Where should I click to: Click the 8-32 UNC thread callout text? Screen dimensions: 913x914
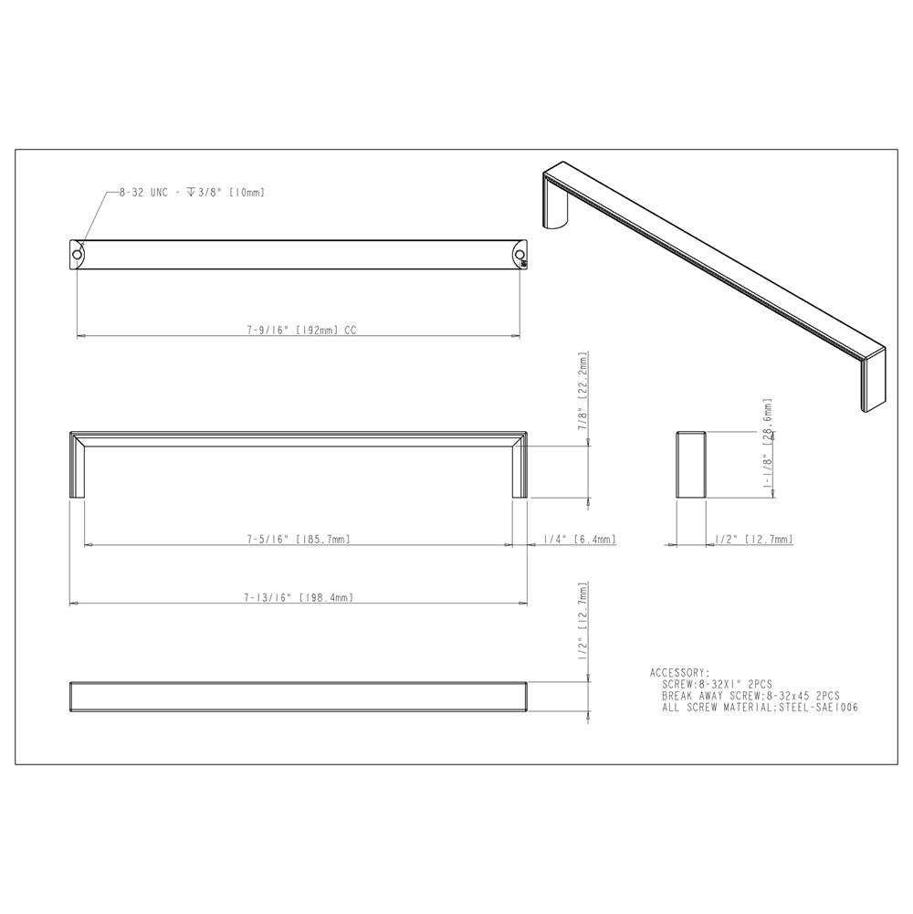pyautogui.click(x=192, y=193)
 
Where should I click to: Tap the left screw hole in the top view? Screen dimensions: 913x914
pyautogui.click(x=77, y=255)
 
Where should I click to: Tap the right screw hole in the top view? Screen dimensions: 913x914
pyautogui.click(x=519, y=255)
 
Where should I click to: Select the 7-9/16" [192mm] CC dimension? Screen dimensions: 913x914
pyautogui.click(x=301, y=330)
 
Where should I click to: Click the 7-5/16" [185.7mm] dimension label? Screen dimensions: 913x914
pyautogui.click(x=298, y=540)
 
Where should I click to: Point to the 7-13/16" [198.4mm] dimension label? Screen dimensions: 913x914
pyautogui.click(x=299, y=597)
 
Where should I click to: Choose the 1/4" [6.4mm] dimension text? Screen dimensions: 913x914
pyautogui.click(x=580, y=540)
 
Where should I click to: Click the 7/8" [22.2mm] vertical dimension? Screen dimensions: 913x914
pyautogui.click(x=582, y=391)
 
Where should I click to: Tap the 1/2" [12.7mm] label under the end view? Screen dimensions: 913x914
pyautogui.click(x=754, y=540)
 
